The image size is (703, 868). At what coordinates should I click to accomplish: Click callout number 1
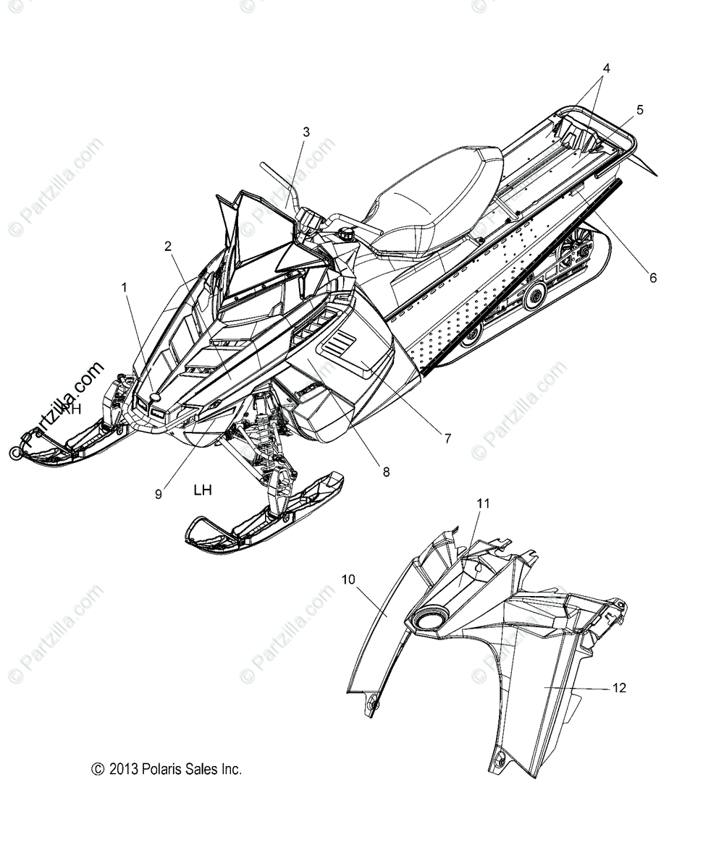coord(125,287)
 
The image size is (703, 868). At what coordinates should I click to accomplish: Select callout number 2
coord(168,246)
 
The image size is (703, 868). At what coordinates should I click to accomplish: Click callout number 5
coord(639,110)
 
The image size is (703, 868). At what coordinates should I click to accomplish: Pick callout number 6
coord(653,277)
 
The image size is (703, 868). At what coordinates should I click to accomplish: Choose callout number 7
coord(447,438)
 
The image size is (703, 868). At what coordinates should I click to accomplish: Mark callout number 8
coord(386,472)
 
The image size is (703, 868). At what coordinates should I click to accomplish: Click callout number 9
coord(159,494)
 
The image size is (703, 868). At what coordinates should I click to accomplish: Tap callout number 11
coord(484,503)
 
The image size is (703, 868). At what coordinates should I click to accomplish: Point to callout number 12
coord(620,688)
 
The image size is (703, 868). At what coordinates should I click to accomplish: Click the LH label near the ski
coord(203,490)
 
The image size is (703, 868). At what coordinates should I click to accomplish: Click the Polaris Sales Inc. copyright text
coord(167,770)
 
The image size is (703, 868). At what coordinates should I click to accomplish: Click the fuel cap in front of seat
coord(343,237)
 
